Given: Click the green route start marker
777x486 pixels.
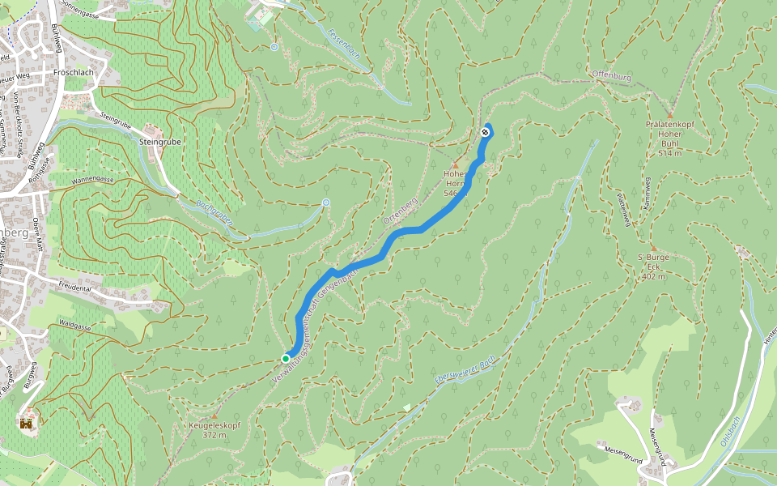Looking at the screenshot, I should click(x=286, y=358).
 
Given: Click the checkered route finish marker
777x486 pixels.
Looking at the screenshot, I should click(x=485, y=132).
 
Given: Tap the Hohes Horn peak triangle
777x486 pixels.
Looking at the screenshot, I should click(x=455, y=165).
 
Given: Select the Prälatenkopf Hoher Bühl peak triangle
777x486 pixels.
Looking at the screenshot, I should click(x=670, y=115).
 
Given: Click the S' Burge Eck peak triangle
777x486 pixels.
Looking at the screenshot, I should click(x=652, y=248).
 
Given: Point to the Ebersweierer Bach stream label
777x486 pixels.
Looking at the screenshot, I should click(x=464, y=369).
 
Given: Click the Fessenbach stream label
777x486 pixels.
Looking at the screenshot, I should click(x=345, y=46).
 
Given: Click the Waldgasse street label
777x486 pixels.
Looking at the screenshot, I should click(x=76, y=325).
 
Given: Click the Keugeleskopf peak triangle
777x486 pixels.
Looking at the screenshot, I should click(x=214, y=416).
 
